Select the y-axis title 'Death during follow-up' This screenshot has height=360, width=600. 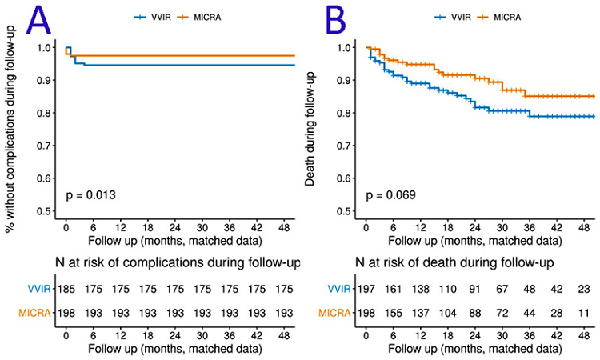[311, 128]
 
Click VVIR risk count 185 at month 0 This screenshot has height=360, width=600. [68, 287]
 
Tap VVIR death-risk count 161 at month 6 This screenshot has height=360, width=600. [394, 287]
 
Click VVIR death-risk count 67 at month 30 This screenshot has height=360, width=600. [501, 287]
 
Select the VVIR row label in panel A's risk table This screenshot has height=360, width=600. [35, 287]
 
